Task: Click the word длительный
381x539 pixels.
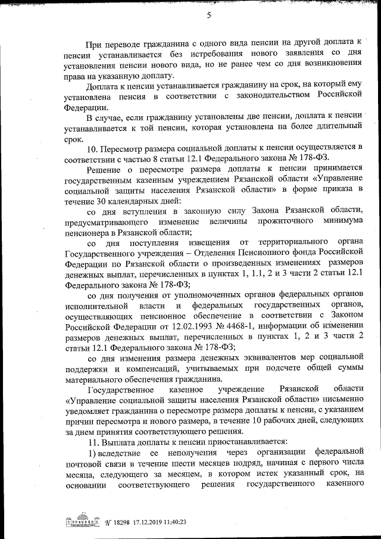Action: point(336,126)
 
